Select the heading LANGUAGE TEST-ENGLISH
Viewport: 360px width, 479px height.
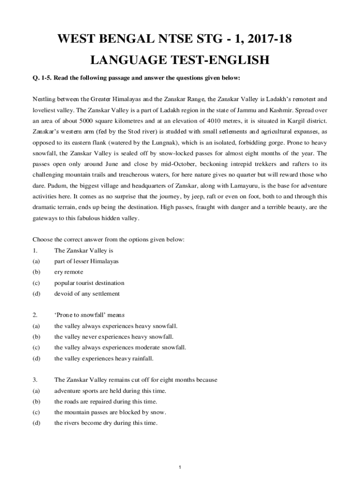click(x=180, y=60)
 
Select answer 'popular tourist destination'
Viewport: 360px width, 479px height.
click(x=89, y=283)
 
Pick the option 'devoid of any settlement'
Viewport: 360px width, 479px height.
click(x=87, y=294)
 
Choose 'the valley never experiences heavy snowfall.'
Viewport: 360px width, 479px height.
click(x=114, y=337)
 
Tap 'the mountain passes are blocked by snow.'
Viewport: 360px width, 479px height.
click(x=110, y=412)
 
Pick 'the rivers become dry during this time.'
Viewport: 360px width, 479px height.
click(x=106, y=423)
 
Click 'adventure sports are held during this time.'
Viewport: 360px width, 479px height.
click(x=110, y=391)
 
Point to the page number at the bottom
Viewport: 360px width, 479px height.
click(x=180, y=467)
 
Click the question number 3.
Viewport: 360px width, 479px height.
click(x=35, y=380)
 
